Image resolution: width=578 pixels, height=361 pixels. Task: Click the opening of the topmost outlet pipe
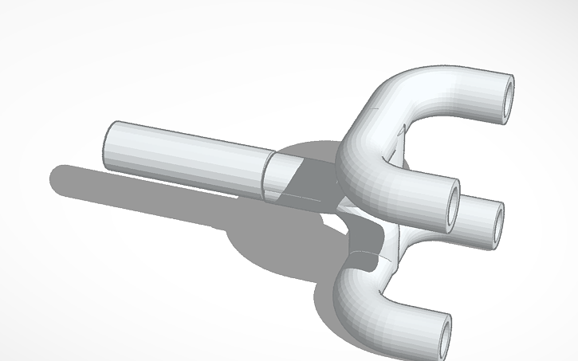tap(505, 100)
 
